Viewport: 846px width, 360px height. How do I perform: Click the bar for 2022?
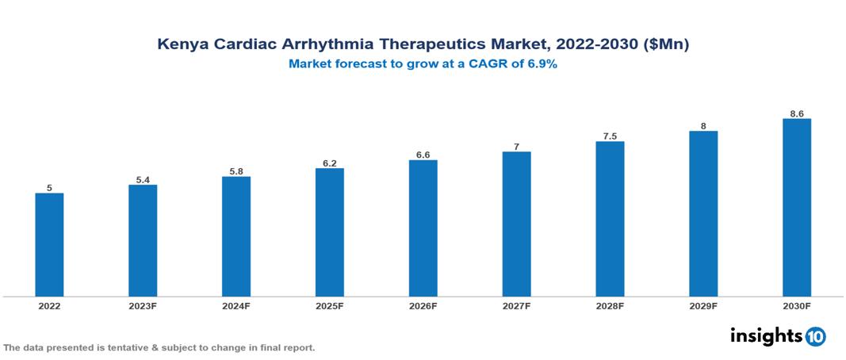pyautogui.click(x=49, y=245)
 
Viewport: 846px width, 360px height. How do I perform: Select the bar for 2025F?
pyautogui.click(x=329, y=232)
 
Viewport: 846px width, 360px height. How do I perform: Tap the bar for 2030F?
pyautogui.click(x=796, y=208)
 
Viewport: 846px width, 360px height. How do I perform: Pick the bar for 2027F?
pyautogui.click(x=516, y=224)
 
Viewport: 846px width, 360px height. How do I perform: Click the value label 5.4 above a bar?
pyautogui.click(x=143, y=180)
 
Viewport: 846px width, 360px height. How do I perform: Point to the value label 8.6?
pyautogui.click(x=796, y=114)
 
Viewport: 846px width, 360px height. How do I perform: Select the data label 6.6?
pyautogui.click(x=423, y=155)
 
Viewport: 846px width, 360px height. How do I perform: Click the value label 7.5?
pyautogui.click(x=610, y=136)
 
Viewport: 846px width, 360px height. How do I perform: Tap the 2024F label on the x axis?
pyautogui.click(x=236, y=305)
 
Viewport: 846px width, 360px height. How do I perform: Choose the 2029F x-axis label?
pyautogui.click(x=703, y=305)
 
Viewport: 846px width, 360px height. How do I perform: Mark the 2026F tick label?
pyautogui.click(x=423, y=305)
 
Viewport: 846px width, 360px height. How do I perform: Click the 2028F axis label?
pyautogui.click(x=610, y=305)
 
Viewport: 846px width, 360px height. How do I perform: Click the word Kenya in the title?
pyautogui.click(x=180, y=45)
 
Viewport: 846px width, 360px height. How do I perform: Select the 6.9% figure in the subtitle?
pyautogui.click(x=542, y=64)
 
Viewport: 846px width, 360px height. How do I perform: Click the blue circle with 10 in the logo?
pyautogui.click(x=815, y=336)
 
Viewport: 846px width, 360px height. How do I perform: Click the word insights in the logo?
pyautogui.click(x=766, y=335)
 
